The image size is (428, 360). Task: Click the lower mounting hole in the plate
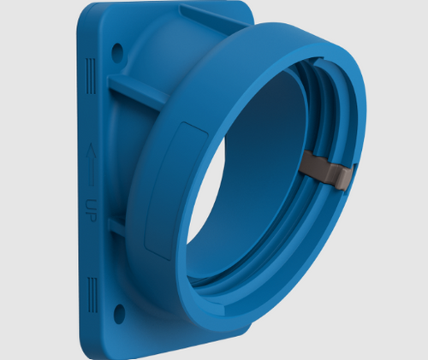[x=119, y=313]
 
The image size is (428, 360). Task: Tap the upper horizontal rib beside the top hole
[x=137, y=91]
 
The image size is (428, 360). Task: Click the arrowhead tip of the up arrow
[x=90, y=154]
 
